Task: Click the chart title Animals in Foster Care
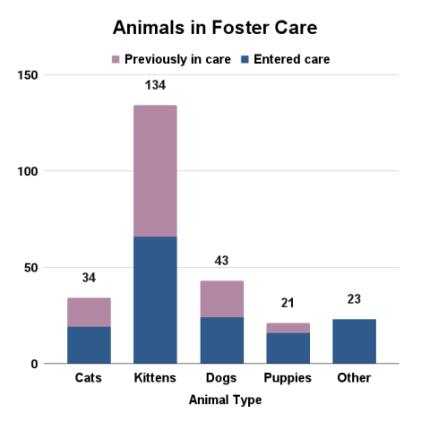coord(215,28)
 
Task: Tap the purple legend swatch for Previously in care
coord(115,60)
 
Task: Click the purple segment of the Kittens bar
coord(155,171)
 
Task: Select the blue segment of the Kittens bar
coord(155,300)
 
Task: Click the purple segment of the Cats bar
coord(89,313)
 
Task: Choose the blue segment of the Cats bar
coord(89,345)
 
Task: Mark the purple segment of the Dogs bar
coord(221,299)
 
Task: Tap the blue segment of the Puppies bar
coord(288,348)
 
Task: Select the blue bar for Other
coord(354,341)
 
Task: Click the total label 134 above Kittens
coord(155,86)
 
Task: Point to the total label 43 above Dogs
coord(221,261)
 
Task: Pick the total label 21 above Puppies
coord(288,304)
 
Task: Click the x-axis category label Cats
coord(89,378)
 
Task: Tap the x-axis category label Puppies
coord(288,378)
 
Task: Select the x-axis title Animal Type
coord(225,400)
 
